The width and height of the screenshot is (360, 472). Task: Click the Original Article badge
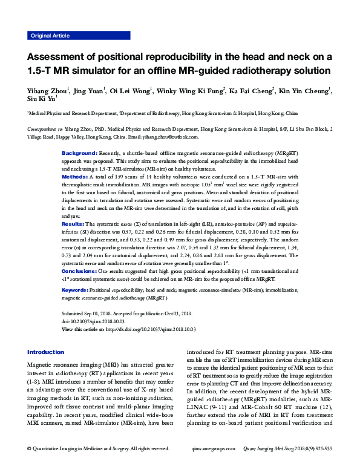coord(50,36)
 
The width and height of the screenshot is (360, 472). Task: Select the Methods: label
coord(74,177)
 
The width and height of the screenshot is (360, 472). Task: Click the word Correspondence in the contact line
coord(45,129)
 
